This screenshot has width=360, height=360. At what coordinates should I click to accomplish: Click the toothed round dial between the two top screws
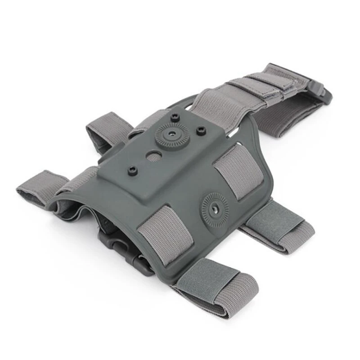click(171, 134)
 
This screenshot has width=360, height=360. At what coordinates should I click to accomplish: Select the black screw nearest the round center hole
click(131, 170)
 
